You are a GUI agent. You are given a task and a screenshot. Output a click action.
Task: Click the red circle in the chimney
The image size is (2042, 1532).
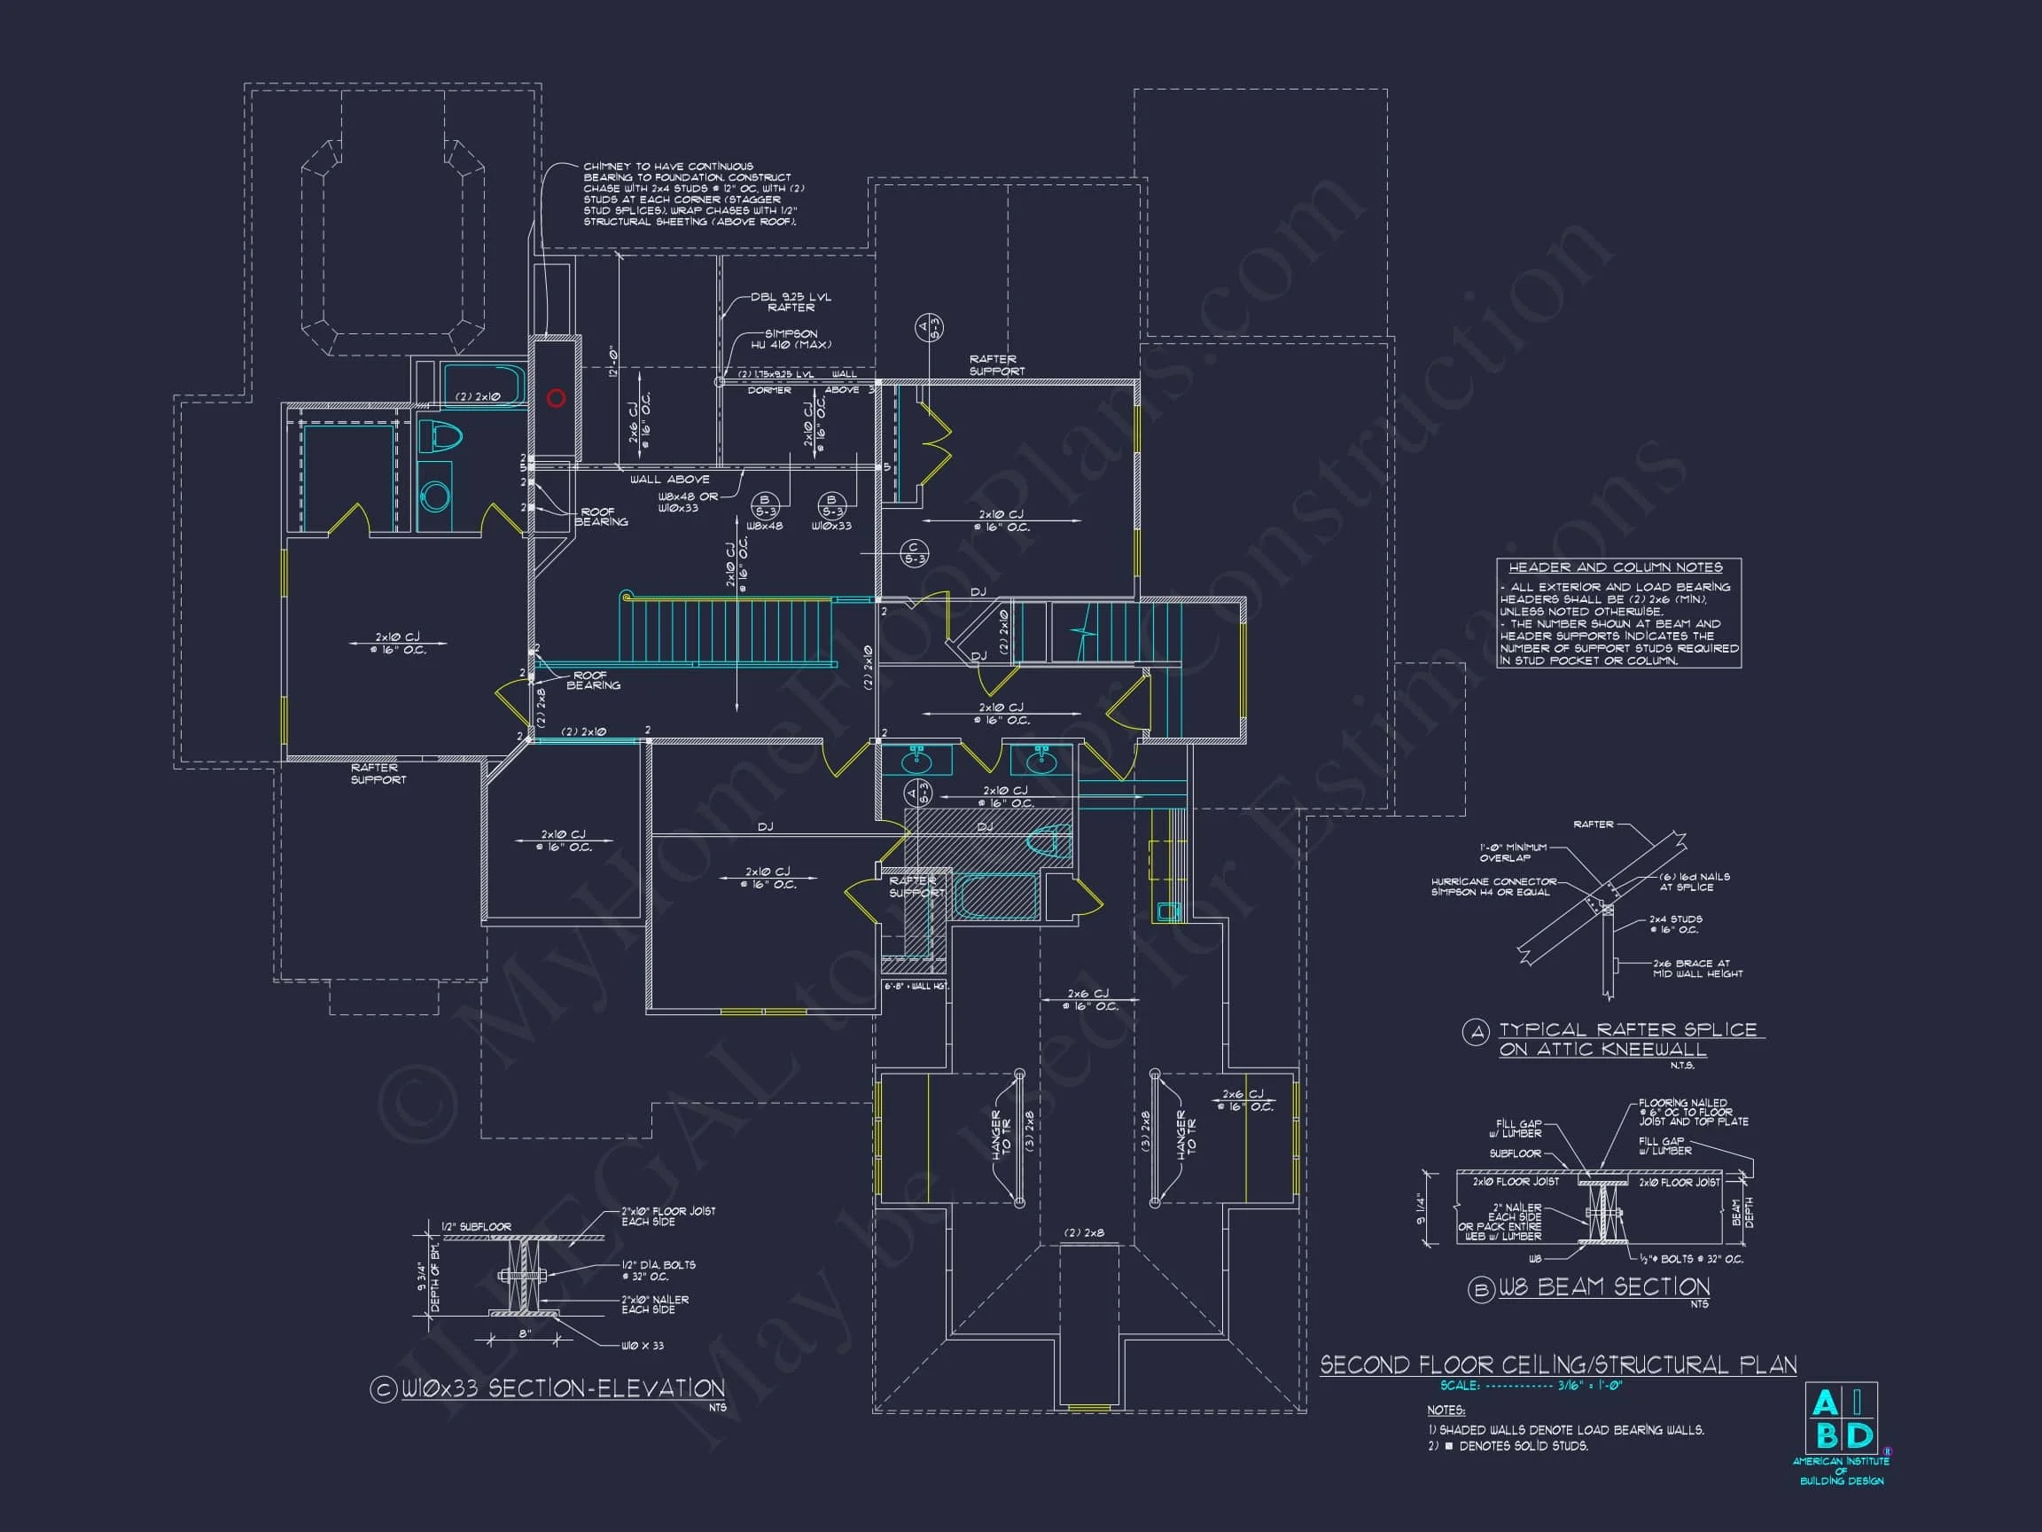click(x=556, y=398)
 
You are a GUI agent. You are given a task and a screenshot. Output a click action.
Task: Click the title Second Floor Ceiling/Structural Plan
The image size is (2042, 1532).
click(x=1557, y=1364)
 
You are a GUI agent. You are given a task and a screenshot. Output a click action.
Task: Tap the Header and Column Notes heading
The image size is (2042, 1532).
click(x=1616, y=567)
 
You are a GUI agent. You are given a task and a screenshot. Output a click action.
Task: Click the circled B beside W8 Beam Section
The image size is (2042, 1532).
click(x=1481, y=1289)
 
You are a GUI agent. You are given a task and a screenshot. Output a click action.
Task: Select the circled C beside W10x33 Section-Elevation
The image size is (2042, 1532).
click(x=383, y=1390)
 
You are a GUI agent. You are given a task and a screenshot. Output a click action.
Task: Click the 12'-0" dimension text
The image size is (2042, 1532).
click(x=612, y=361)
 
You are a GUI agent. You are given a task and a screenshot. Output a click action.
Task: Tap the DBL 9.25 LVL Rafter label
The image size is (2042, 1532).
click(x=791, y=302)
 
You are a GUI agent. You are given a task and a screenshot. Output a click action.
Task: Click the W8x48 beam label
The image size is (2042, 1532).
click(x=763, y=527)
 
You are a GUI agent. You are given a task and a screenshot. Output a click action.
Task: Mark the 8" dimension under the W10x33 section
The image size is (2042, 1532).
click(x=524, y=1333)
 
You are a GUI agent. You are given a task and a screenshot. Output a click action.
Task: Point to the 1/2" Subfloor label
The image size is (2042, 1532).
click(x=475, y=1226)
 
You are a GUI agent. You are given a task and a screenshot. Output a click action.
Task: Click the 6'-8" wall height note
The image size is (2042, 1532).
click(x=915, y=986)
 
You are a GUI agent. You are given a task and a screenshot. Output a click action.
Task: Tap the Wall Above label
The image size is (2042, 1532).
click(x=669, y=480)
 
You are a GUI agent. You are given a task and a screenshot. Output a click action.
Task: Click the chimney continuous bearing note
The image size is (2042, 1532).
click(x=688, y=194)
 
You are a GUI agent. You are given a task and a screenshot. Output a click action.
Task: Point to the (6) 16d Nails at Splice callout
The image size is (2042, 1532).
click(x=1694, y=881)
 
